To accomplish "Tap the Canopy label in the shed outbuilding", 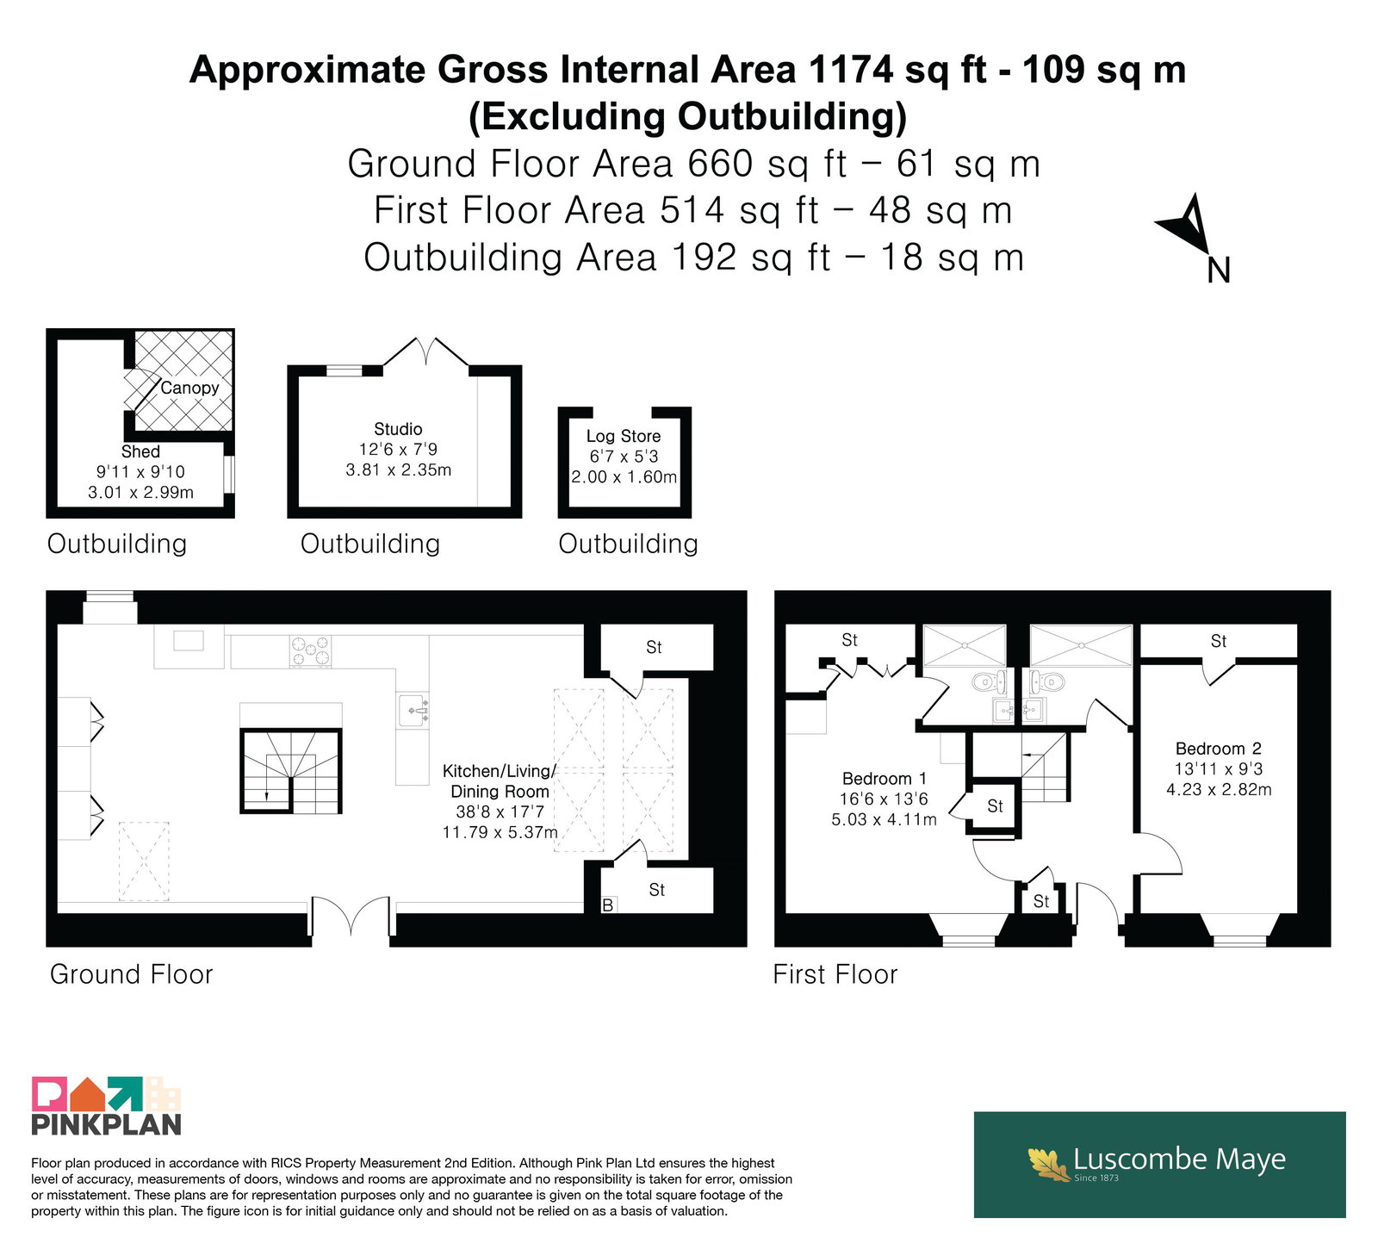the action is coord(189,388).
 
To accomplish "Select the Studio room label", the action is coord(398,429).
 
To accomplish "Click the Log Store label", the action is coord(624,436).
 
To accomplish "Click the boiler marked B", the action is coord(608,905).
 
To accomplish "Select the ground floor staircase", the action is coord(290,771).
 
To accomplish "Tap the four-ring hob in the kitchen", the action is coord(310,651).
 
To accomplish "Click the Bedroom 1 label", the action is coord(885,779).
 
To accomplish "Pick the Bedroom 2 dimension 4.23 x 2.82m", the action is coord(1219,789).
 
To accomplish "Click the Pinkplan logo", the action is coord(107,1105).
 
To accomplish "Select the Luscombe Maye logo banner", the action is coord(1159,1164).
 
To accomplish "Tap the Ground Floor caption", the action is coord(131,974).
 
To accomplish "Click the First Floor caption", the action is coord(835,974).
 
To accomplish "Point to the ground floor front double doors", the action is coord(351,916).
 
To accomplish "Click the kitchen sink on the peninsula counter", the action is coord(413,711).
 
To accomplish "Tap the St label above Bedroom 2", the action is coord(1219,641).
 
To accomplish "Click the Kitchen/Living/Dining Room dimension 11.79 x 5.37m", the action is coord(500,832).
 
